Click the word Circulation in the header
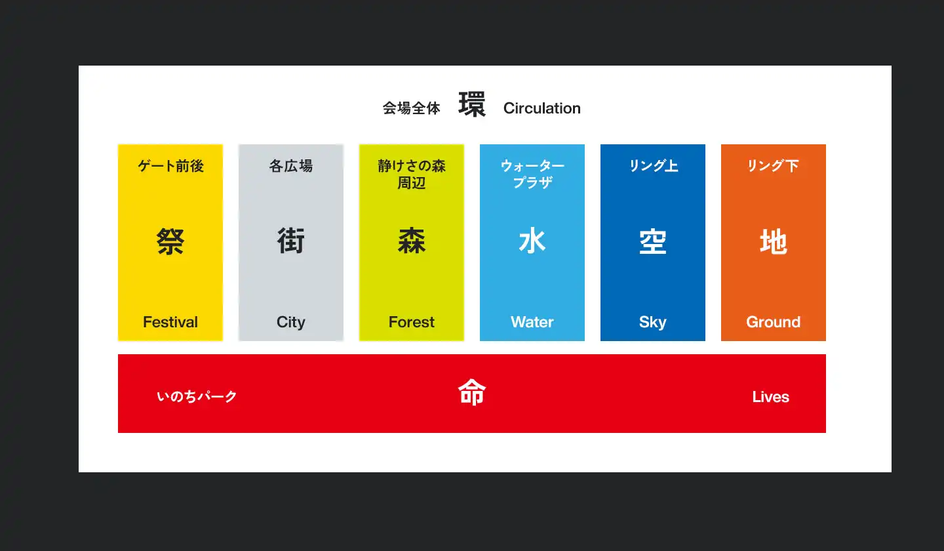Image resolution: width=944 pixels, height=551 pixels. (542, 108)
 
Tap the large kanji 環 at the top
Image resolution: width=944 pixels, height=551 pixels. (472, 104)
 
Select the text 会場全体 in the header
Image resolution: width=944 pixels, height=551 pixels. (411, 108)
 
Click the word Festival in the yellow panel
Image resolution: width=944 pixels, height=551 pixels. (170, 322)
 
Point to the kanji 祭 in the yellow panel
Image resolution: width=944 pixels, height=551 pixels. (170, 241)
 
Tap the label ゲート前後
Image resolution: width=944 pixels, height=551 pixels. (170, 166)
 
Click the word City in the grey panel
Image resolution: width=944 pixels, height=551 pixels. (291, 323)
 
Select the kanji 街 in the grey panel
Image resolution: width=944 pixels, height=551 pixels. (291, 241)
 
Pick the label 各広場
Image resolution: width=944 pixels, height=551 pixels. (291, 166)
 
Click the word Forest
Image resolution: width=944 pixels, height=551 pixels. (411, 322)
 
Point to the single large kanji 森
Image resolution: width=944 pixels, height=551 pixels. (412, 241)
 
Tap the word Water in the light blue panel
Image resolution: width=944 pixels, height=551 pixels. (532, 322)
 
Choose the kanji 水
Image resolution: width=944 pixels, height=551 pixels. (532, 241)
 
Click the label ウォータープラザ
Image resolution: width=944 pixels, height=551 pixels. (532, 174)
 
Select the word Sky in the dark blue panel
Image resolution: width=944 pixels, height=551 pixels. (653, 323)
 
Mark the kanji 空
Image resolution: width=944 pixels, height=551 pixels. (653, 241)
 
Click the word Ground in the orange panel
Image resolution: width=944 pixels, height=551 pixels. (774, 322)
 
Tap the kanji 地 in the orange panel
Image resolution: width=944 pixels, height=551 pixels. (774, 241)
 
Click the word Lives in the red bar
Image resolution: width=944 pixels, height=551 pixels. (771, 397)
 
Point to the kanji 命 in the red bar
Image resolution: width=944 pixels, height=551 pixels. (472, 392)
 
